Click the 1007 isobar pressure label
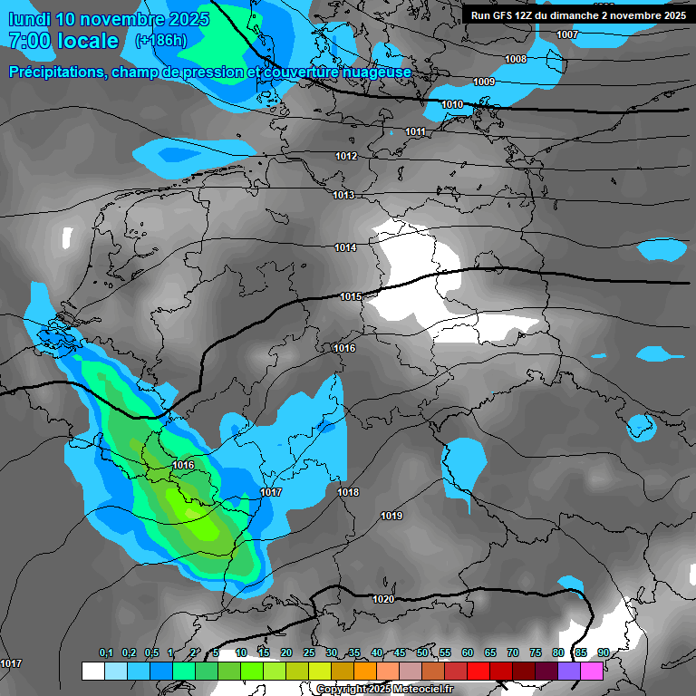click(x=567, y=34)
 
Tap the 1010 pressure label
click(x=452, y=105)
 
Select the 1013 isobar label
click(x=343, y=196)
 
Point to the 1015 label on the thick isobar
click(x=351, y=297)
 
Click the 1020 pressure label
click(x=382, y=599)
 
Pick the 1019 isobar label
click(x=391, y=516)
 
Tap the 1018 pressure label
click(x=348, y=493)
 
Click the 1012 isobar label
click(x=346, y=157)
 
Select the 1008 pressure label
click(x=516, y=59)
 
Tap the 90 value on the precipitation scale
click(x=603, y=652)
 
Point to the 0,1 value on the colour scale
click(x=106, y=652)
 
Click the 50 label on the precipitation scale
click(x=422, y=652)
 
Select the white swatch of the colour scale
click(x=92, y=671)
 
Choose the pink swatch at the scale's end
click(x=592, y=671)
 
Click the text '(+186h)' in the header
click(x=160, y=41)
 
